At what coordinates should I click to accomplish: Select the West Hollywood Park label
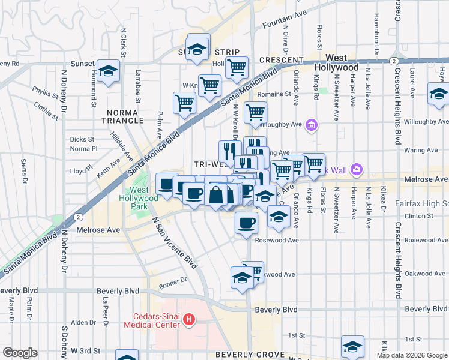coord(139,198)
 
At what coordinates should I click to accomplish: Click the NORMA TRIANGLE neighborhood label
coord(125,116)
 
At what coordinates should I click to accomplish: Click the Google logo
coord(20,353)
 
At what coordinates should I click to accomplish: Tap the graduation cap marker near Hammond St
coord(109,71)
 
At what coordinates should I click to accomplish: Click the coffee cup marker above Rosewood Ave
coord(245,223)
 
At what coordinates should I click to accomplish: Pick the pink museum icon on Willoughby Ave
coord(312,125)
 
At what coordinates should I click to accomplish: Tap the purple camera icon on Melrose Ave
coord(357,170)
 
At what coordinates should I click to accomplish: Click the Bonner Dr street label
coord(175,279)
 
